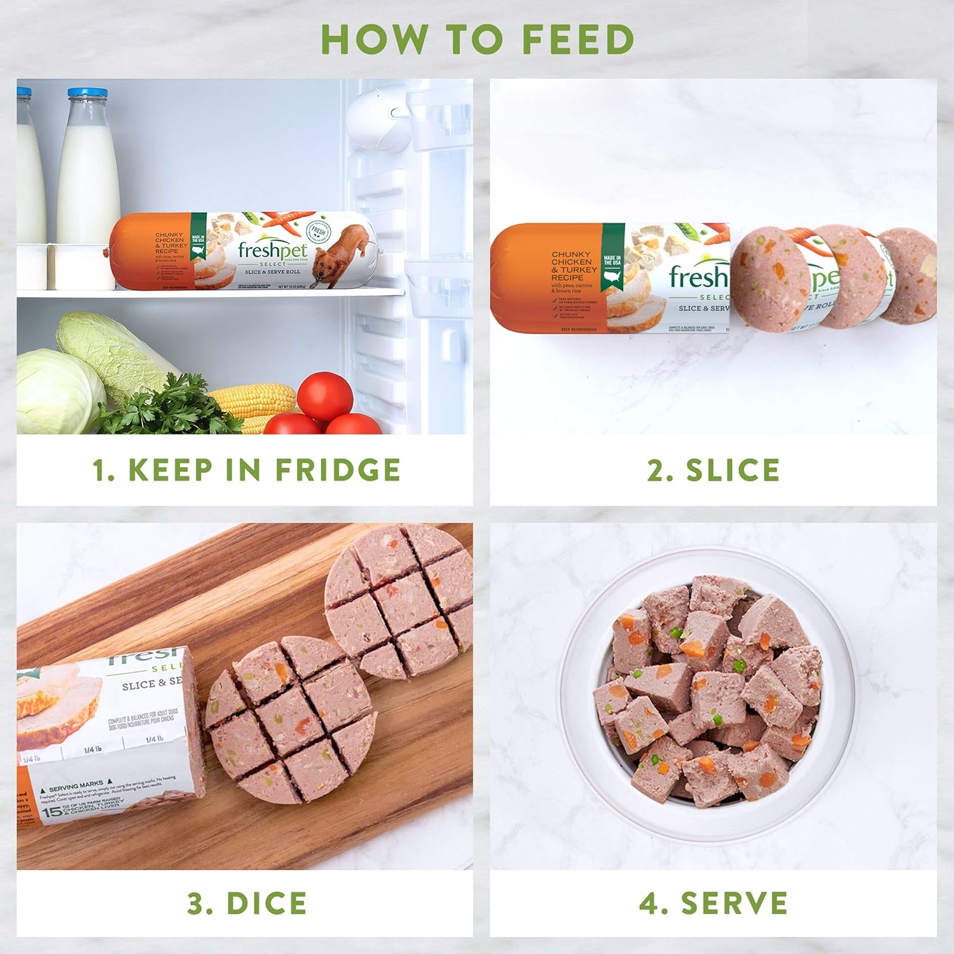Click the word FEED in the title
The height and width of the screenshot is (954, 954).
tap(578, 39)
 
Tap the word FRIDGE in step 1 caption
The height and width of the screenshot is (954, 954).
tap(338, 470)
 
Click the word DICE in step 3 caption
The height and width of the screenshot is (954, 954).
tap(266, 904)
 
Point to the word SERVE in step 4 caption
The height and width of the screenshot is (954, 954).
tap(734, 904)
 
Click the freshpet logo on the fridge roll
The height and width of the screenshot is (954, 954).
tap(272, 251)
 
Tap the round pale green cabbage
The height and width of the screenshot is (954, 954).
tap(57, 391)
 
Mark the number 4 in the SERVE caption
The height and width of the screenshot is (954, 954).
tap(649, 904)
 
